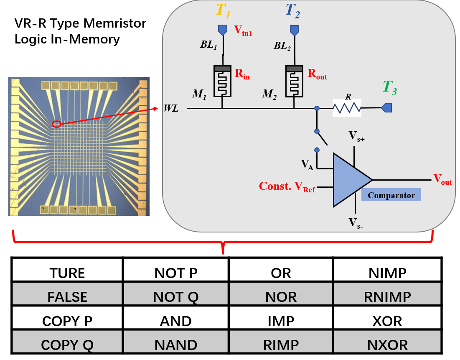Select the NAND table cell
point(175,345)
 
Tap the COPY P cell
point(67,321)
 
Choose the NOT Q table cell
point(175,296)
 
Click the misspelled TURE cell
point(67,273)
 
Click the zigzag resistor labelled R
point(346,109)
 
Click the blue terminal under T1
point(223,30)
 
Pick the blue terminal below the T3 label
point(386,108)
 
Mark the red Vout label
point(442,180)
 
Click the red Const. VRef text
point(287,186)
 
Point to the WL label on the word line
point(172,109)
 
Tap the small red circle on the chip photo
point(57,124)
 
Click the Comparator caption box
point(391,195)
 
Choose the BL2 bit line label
point(282,46)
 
